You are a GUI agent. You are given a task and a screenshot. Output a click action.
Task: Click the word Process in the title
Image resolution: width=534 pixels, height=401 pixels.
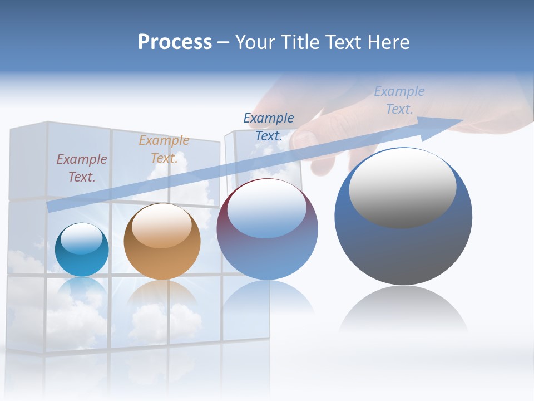pos(175,42)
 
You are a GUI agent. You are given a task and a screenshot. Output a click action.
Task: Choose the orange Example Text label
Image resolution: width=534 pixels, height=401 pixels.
pos(164,149)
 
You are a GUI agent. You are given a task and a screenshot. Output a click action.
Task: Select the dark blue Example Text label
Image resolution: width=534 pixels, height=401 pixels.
pos(269,127)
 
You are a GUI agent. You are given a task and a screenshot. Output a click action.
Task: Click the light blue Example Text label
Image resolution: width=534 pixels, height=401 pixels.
pos(399,100)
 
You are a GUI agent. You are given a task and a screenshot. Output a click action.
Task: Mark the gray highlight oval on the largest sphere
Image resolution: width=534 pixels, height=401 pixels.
pos(403,189)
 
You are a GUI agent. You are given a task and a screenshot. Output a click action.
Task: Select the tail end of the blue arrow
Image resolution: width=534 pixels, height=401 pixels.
pos(53,207)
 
